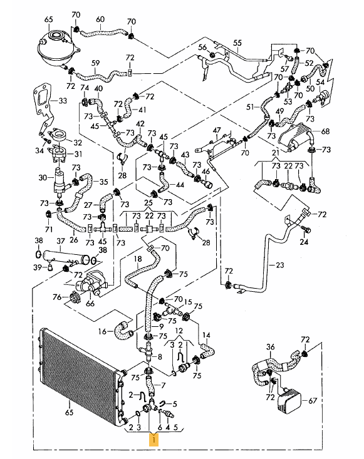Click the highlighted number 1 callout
(x=153, y=440)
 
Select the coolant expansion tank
(x=56, y=49)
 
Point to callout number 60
(x=100, y=19)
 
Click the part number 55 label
(x=237, y=43)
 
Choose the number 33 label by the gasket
(x=63, y=101)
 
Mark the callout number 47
(x=217, y=130)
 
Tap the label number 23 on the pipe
(x=280, y=265)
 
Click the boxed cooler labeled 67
(x=289, y=400)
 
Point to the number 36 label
(x=270, y=347)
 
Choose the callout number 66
(x=90, y=303)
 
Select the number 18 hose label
(x=138, y=259)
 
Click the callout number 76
(x=57, y=297)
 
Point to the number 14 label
(x=207, y=335)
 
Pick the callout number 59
(x=95, y=63)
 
